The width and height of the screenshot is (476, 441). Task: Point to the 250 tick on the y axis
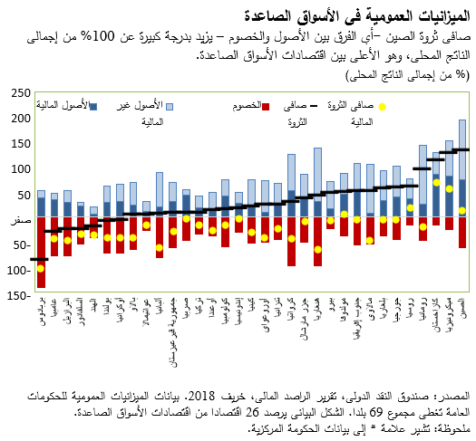pyautogui.click(x=17, y=93)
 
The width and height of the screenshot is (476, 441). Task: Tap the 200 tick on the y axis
pyautogui.click(x=17, y=119)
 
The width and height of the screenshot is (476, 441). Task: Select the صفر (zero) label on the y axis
pyautogui.click(x=15, y=220)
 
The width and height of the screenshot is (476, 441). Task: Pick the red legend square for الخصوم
pyautogui.click(x=267, y=107)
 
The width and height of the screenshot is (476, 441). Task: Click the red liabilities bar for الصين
pyautogui.click(x=462, y=232)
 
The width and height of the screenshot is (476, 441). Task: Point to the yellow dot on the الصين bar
pyautogui.click(x=462, y=210)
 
